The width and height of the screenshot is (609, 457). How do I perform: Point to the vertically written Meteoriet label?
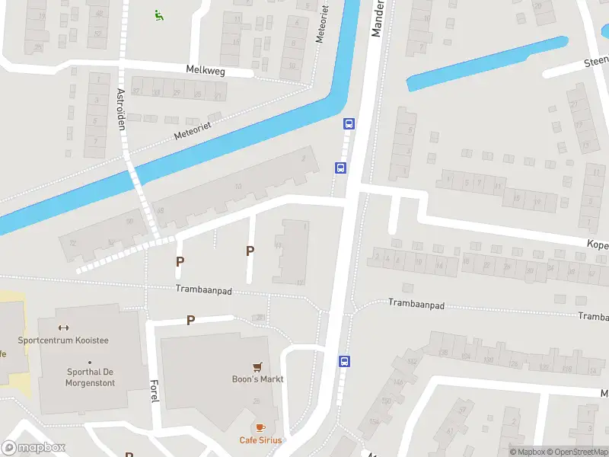pos(324,27)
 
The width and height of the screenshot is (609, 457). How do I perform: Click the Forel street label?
pos(154,391)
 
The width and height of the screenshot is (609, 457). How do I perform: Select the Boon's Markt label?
pos(258,379)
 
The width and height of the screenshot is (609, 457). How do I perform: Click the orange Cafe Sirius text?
pos(260,440)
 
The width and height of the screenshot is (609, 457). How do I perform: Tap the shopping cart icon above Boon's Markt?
pos(258,366)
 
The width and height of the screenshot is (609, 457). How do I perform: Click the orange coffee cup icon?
pos(260,427)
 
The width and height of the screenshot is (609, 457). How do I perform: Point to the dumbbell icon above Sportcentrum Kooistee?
pos(63,328)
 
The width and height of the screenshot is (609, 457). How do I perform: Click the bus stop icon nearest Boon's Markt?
pos(344,361)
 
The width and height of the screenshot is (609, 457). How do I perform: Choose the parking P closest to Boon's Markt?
pos(190,321)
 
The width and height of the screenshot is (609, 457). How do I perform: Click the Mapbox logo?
pos(33,447)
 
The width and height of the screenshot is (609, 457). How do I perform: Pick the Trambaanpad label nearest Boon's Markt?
pos(203,290)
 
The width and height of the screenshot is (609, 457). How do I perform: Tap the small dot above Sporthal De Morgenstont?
pos(89,363)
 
